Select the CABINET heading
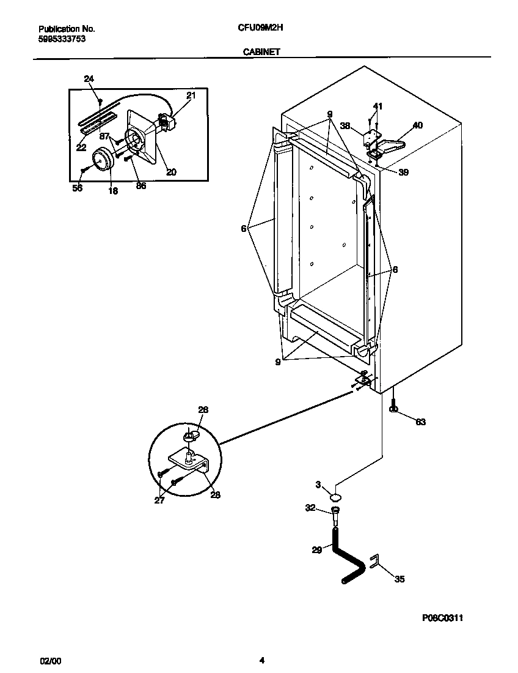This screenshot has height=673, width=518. coord(261,52)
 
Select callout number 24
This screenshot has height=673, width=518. coord(89,79)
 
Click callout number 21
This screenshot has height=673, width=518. coord(191,95)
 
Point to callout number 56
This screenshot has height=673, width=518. coord(78,188)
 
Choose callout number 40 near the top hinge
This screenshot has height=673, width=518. coord(417,125)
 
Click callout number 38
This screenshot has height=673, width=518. coord(345,127)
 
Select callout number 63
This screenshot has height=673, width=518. coord(420,422)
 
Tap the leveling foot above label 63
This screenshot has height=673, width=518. coord(395,408)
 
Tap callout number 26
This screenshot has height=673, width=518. coord(203,410)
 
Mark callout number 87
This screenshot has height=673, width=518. coord(104,136)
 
